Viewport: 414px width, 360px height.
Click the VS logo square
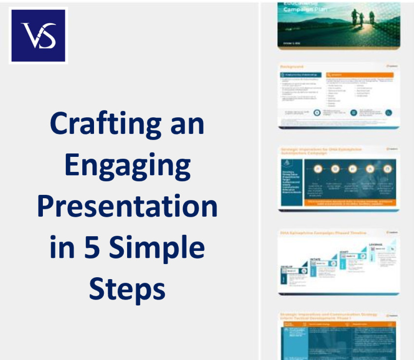[x=38, y=35]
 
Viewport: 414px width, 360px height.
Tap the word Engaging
[x=127, y=165]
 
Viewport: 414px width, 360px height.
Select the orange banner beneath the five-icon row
[x=350, y=201]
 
